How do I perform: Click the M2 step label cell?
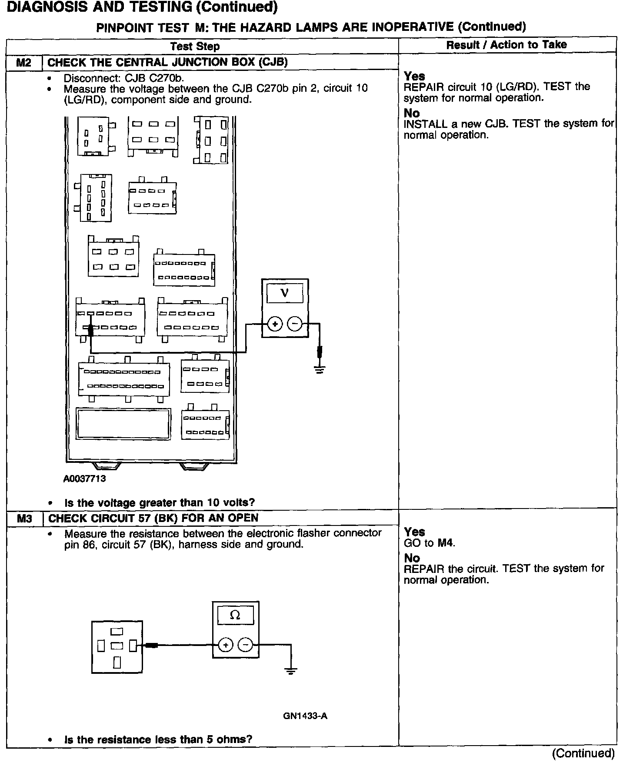pos(24,63)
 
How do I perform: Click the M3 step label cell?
pos(24,518)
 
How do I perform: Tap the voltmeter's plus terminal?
pos(275,324)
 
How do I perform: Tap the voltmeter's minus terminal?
pos(295,324)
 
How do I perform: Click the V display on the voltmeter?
pos(285,293)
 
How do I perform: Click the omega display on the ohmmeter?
pos(235,615)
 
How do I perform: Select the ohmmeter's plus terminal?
pos(225,645)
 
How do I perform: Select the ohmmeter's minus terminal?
pos(246,645)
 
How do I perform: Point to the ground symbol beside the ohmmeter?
pos(291,671)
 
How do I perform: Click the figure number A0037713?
pos(85,479)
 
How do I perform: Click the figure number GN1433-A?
pos(305,716)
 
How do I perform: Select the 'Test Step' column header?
pos(195,46)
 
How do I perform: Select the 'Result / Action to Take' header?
pos(506,45)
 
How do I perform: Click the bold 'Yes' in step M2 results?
pos(414,76)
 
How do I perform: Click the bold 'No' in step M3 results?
pos(412,558)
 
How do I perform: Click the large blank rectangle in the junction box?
pos(123,423)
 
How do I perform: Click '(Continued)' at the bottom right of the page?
pos(583,753)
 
